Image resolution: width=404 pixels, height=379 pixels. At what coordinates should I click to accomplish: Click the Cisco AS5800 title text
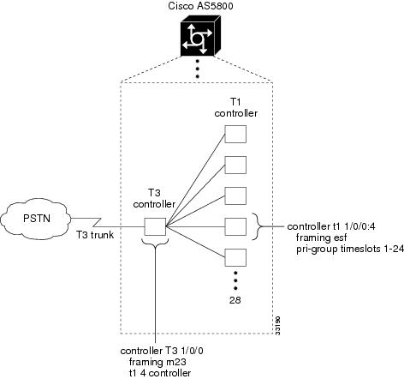pos(200,6)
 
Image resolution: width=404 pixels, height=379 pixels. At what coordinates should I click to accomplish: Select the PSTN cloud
pos(36,219)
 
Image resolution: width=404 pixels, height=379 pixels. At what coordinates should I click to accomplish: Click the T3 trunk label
pos(95,235)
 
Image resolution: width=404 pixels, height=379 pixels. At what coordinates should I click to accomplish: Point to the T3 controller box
pos(155,226)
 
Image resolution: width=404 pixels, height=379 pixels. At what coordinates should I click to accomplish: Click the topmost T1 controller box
pos(235,134)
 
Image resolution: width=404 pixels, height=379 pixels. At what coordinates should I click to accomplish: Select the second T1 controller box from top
pos(235,165)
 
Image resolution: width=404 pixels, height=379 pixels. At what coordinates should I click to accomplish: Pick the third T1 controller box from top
pos(235,196)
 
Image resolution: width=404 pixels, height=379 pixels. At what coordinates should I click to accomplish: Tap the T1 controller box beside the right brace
pos(235,226)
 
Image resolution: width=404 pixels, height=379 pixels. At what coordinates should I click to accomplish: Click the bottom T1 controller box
pos(235,257)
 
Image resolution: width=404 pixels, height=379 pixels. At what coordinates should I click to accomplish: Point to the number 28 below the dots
pos(235,300)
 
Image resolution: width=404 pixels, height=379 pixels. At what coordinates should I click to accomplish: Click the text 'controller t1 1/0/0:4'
pos(331,226)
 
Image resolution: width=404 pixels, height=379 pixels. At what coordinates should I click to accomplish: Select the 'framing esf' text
pos(321,238)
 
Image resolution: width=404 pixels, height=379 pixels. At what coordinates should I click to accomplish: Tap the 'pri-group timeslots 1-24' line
pos(350,250)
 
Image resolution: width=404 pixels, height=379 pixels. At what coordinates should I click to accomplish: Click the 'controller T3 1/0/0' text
pos(162,351)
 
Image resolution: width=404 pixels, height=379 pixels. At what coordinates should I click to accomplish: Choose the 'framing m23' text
pos(157,362)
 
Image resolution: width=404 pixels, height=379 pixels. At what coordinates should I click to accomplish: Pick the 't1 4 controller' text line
pos(160,373)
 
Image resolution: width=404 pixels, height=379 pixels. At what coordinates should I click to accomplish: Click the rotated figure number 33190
pos(278,325)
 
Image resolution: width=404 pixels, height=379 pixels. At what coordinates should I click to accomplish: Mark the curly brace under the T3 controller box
pos(155,243)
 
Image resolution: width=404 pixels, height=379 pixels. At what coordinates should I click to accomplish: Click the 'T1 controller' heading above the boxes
pos(235,108)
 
